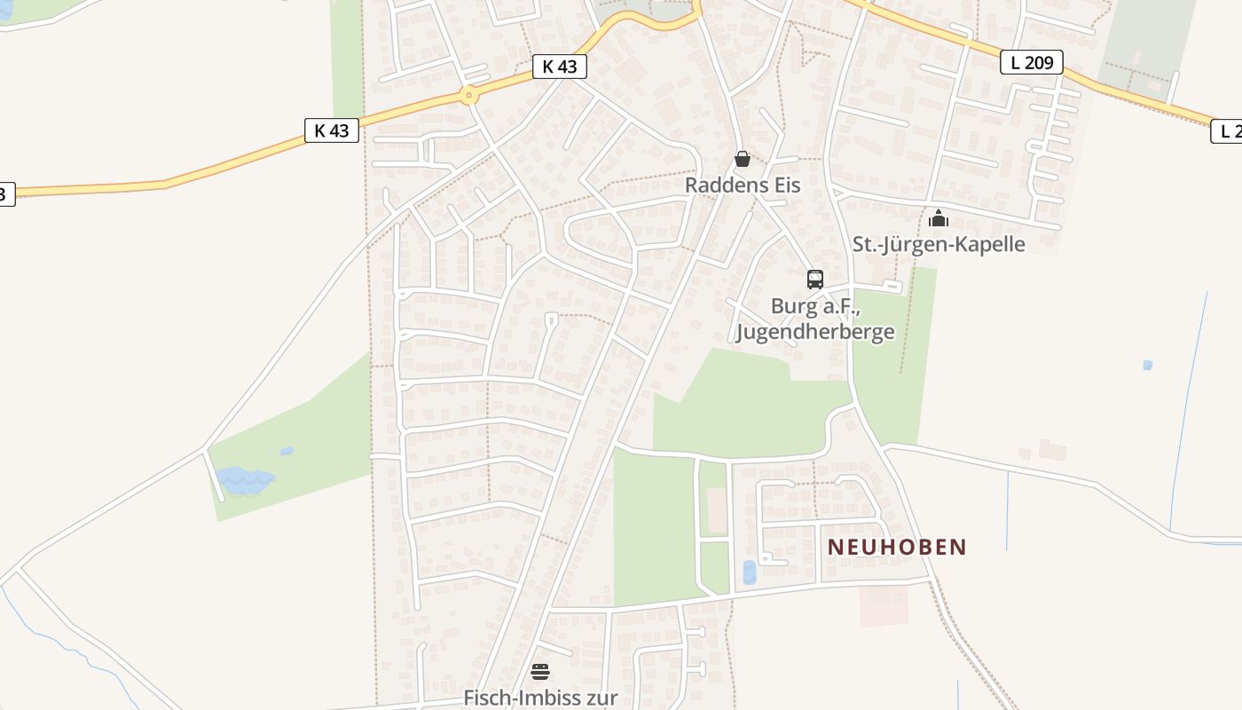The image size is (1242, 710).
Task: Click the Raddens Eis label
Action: coord(743,185)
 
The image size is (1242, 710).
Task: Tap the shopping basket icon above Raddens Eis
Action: coord(743,159)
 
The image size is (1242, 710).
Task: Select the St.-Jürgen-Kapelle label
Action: coord(939,244)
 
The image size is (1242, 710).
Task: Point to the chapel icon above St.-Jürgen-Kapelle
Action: coord(939,217)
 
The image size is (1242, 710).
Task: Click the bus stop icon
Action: coord(815,279)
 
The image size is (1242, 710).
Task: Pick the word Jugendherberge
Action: coord(815,332)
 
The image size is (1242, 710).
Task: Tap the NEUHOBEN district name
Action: coord(897,547)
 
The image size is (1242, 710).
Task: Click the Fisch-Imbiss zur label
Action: coord(540,698)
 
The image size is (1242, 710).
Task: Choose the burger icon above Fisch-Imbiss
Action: coord(540,671)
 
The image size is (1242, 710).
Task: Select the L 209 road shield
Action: coord(1032,62)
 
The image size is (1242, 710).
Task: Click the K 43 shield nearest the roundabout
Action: coord(560,67)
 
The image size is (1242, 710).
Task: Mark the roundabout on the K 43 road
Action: coord(468,94)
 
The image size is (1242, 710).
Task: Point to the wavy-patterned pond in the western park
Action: coord(245,479)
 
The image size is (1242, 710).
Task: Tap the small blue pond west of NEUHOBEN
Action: coord(750,572)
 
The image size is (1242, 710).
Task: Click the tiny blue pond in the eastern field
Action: coord(1148,365)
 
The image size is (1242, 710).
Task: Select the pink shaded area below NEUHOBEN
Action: coord(884,605)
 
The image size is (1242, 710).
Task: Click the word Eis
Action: coord(786,185)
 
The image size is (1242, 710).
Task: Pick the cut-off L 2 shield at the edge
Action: coord(1228,131)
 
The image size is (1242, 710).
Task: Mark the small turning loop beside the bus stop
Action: coord(893,287)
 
